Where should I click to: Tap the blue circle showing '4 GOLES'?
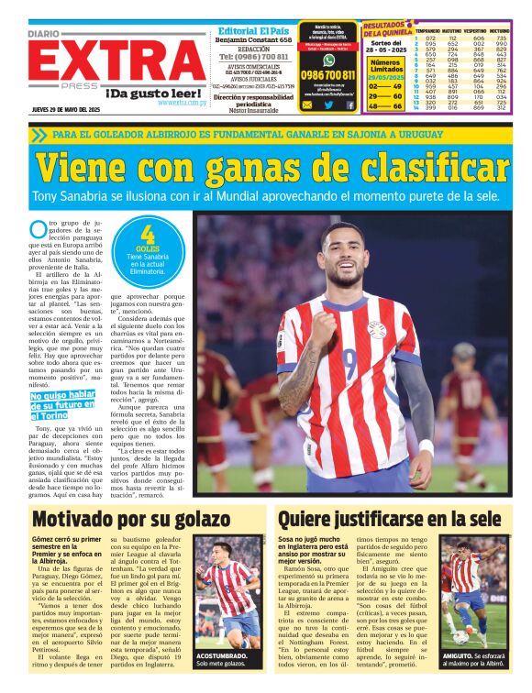147,250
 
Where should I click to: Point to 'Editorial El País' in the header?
253,28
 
